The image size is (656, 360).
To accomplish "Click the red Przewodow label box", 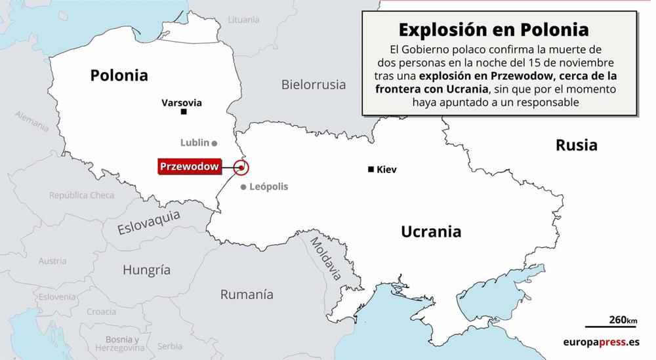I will click(190, 167).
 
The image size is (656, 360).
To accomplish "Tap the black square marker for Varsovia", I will click(184, 112).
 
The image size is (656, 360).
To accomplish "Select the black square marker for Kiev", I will click(371, 170).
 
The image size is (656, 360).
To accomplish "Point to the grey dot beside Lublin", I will click(215, 142).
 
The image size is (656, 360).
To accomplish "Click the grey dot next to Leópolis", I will click(243, 188).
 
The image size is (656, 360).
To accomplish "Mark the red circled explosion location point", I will click(241, 168).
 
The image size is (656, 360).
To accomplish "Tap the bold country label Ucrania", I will click(431, 231).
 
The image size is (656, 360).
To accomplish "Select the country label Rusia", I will click(576, 145).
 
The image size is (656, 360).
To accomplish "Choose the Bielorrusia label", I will click(313, 84).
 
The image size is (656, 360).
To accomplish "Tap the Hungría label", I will click(146, 270).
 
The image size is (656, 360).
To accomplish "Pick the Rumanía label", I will click(246, 294).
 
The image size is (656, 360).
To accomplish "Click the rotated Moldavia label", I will click(325, 258).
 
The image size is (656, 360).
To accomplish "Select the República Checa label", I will click(81, 195).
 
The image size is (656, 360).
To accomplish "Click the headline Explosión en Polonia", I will click(494, 30).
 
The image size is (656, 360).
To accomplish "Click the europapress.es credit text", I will click(600, 342).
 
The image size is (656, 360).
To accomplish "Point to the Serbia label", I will click(170, 346).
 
